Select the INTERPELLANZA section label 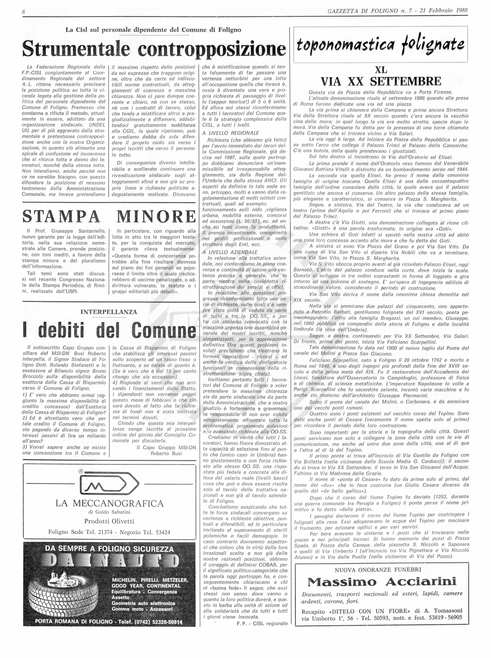coord(109,312)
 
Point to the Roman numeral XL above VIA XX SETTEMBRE coord(381,70)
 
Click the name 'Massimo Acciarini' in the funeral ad coord(382,582)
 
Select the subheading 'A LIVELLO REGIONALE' coord(231,133)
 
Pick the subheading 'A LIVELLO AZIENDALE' coord(231,252)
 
